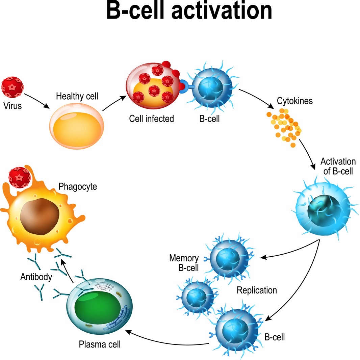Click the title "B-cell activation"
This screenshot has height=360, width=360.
[189, 11]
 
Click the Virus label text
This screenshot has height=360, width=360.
[12, 106]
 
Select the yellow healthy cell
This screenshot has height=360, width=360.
[77, 125]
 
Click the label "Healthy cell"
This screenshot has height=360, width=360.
[77, 96]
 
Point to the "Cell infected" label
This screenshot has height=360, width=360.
[151, 119]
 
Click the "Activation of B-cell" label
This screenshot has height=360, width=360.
[338, 166]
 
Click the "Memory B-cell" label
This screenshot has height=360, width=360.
[184, 263]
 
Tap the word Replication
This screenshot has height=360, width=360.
[257, 290]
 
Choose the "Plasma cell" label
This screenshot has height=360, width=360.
[100, 344]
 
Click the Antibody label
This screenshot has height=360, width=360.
[36, 277]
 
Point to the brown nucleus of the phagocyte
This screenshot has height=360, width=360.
[40, 216]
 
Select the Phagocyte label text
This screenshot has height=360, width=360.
[78, 186]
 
